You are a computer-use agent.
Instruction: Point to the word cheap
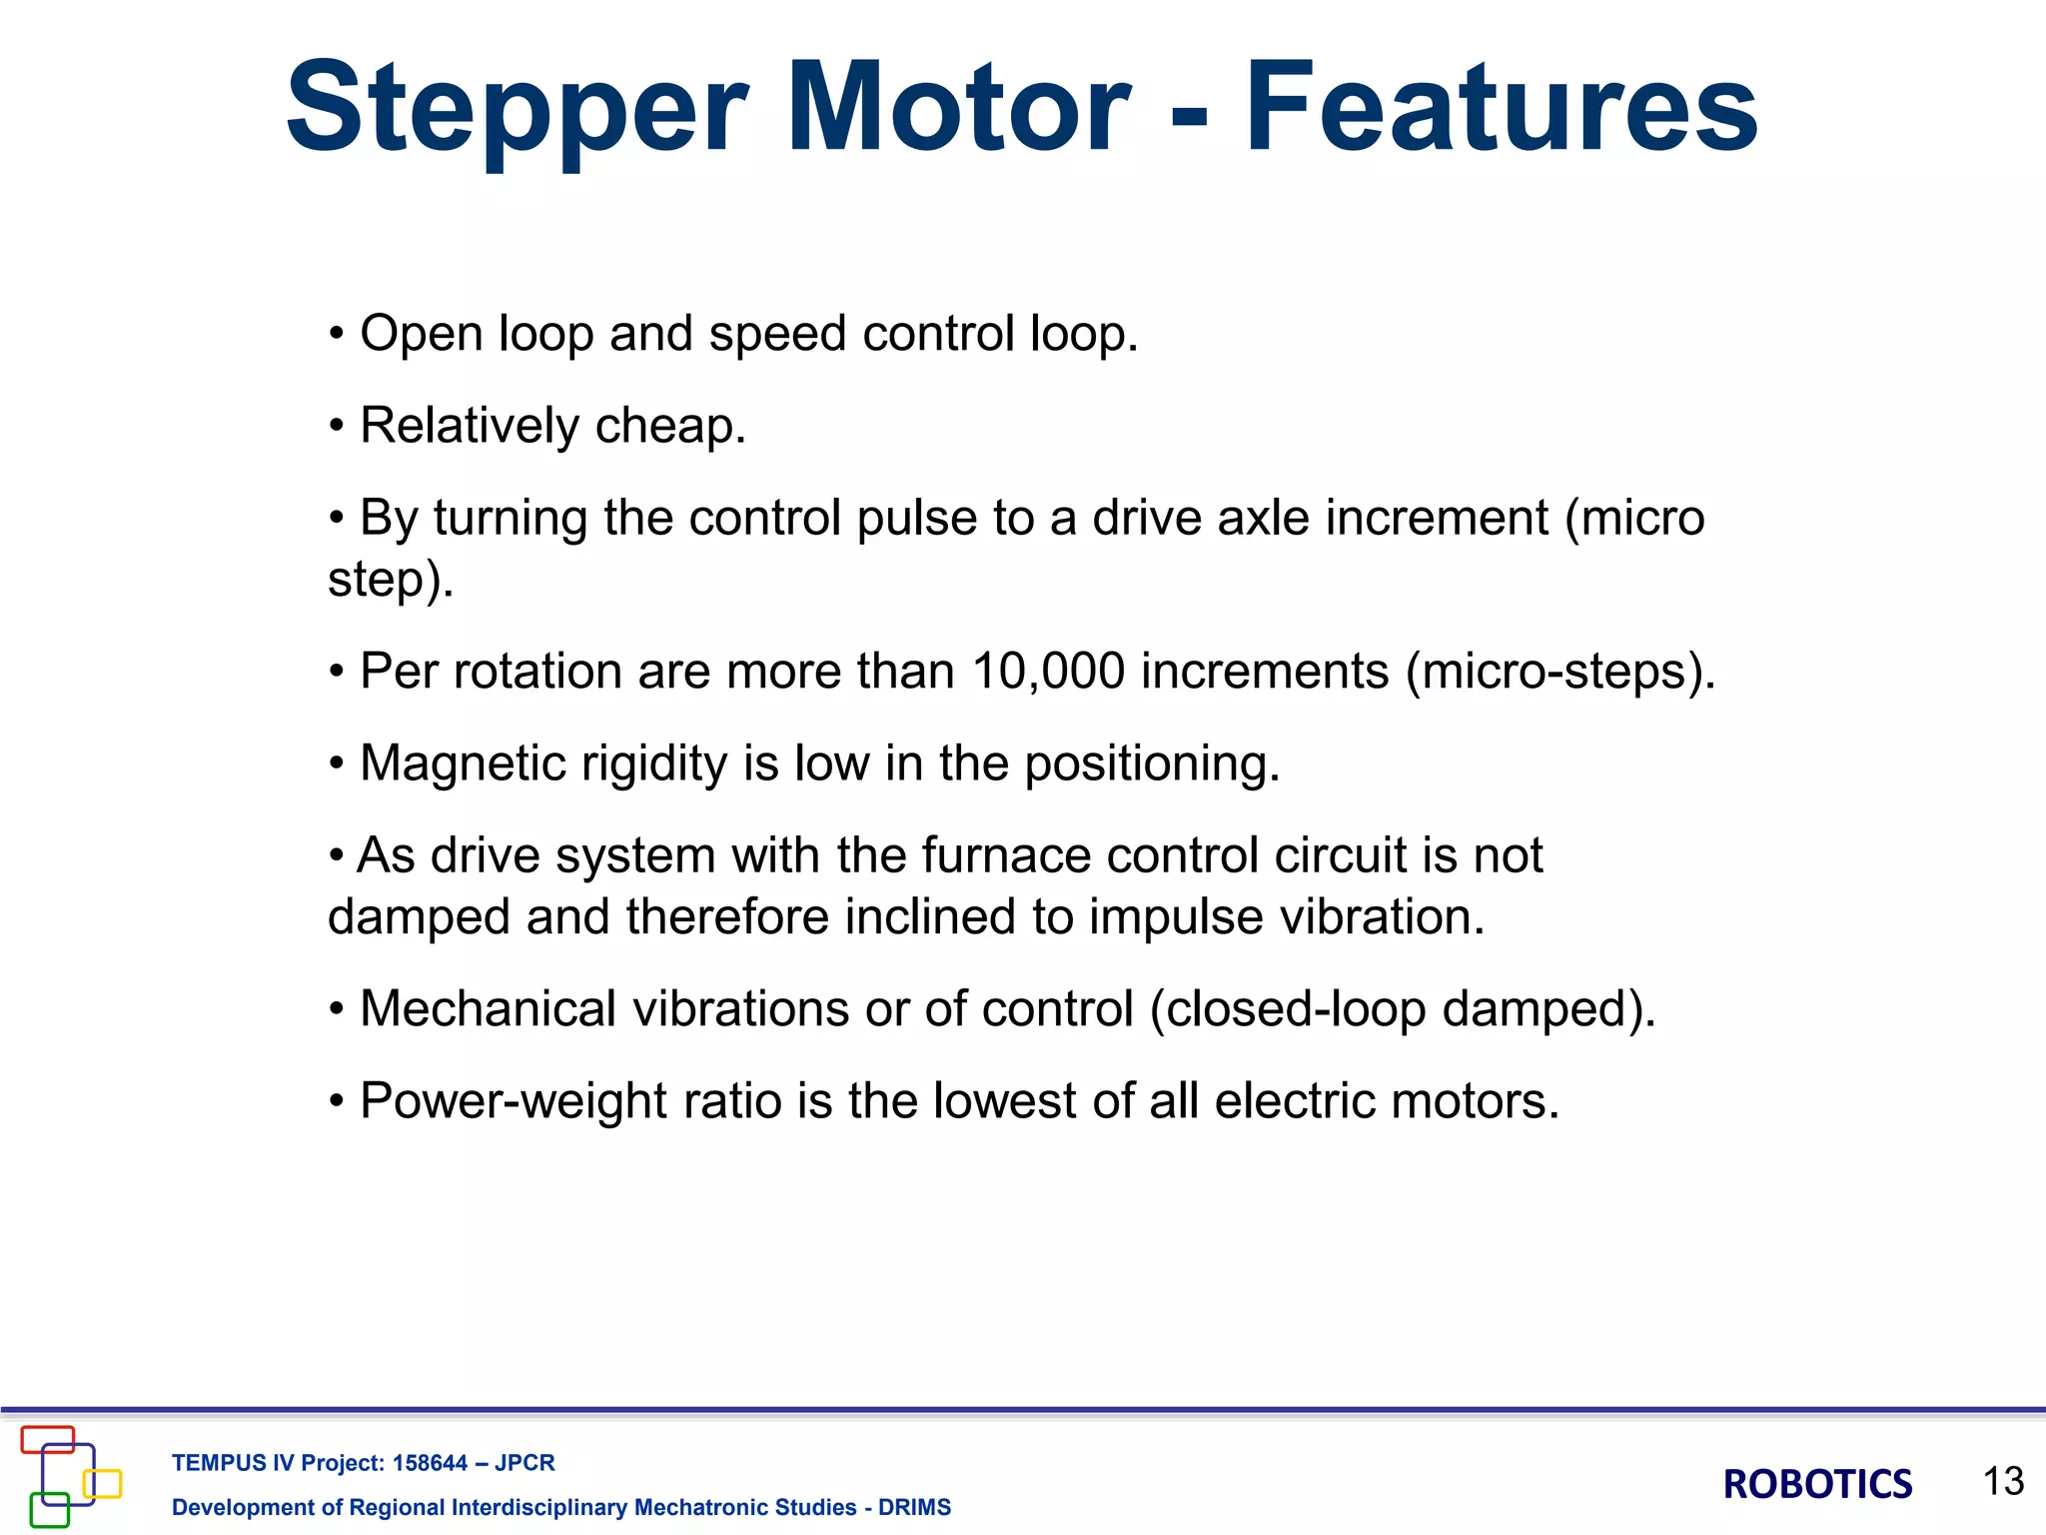(x=670, y=427)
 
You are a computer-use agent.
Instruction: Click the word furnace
(x=1005, y=855)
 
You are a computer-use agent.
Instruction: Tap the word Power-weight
(x=512, y=1101)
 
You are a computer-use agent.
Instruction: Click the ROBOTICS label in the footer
(x=1817, y=1484)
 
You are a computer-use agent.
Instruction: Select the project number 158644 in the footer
(x=430, y=1463)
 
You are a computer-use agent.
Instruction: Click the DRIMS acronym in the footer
(x=914, y=1507)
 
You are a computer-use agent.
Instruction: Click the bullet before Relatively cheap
(x=338, y=427)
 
